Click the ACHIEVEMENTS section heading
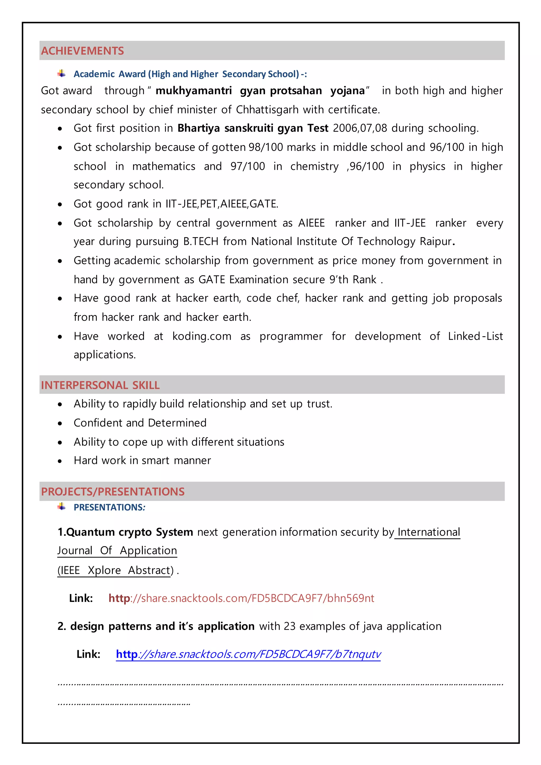click(x=82, y=51)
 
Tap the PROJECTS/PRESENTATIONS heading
click(x=113, y=492)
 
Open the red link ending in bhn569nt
click(x=241, y=598)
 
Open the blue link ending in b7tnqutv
click(x=248, y=654)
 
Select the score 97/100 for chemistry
click(x=248, y=166)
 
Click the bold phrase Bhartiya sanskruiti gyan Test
click(x=253, y=128)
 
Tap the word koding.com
click(x=202, y=336)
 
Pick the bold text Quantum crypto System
click(x=125, y=532)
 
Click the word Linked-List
click(x=475, y=336)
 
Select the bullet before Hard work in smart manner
click(x=60, y=461)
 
